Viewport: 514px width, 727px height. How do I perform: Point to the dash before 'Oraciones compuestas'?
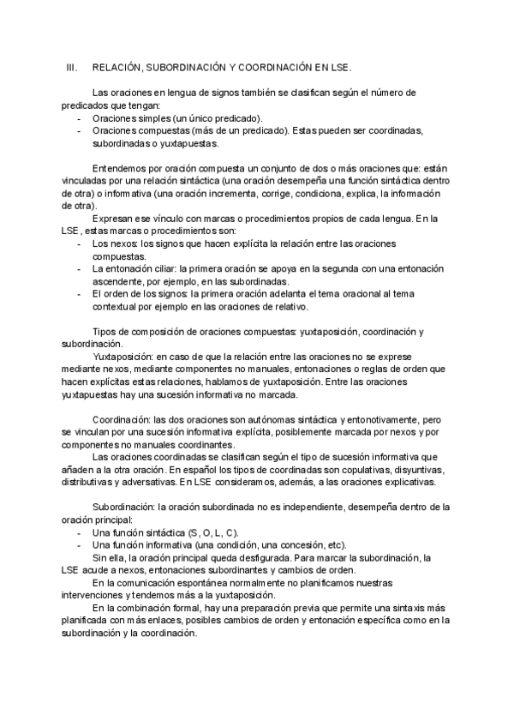80,131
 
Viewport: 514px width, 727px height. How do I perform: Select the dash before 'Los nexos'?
80,244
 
